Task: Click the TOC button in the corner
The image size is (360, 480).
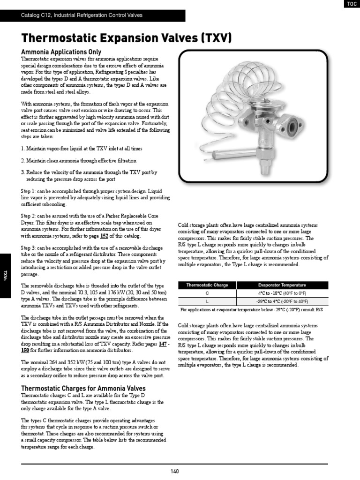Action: click(x=351, y=4)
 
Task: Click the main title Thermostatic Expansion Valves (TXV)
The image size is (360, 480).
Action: click(x=127, y=38)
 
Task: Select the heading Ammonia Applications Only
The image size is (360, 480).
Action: click(x=61, y=52)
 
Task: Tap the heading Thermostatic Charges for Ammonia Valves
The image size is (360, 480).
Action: click(x=83, y=388)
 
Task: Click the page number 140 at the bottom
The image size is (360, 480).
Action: click(x=175, y=471)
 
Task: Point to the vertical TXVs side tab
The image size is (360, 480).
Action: click(x=5, y=275)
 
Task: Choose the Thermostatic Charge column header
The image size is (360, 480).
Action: click(x=207, y=285)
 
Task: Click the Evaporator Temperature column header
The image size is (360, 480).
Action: click(x=282, y=285)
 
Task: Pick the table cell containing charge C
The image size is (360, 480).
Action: click(x=207, y=293)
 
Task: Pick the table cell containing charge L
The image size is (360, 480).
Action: click(x=207, y=301)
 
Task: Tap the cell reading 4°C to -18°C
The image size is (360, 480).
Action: click(x=282, y=293)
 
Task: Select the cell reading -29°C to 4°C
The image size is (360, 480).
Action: click(x=282, y=301)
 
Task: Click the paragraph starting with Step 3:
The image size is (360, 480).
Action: click(x=93, y=261)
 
